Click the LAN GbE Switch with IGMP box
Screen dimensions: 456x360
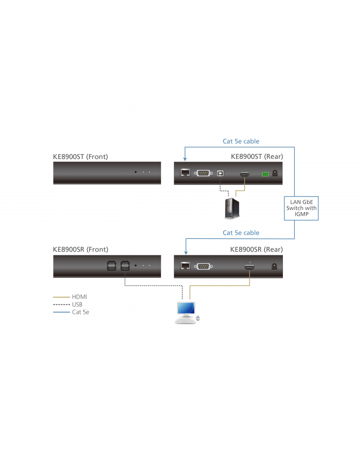coord(302,208)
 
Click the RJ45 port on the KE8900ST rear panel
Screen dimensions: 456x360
coord(185,173)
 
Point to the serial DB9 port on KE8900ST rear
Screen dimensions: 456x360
coord(204,173)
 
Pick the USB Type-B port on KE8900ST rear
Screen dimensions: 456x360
coord(221,173)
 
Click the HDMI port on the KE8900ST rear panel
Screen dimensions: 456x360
coord(244,174)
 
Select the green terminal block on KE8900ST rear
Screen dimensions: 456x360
coord(265,174)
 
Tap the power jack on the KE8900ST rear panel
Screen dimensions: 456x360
coord(276,173)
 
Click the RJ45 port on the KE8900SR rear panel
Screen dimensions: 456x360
coord(185,266)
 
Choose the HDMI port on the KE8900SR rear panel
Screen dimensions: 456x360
coord(249,267)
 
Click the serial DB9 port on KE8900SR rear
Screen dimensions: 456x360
coord(204,266)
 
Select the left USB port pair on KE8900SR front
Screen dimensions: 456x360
coord(112,266)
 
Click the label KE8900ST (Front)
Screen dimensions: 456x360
coord(81,156)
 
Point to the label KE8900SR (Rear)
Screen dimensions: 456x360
coord(256,250)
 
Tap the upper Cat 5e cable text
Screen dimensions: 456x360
coord(241,141)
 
